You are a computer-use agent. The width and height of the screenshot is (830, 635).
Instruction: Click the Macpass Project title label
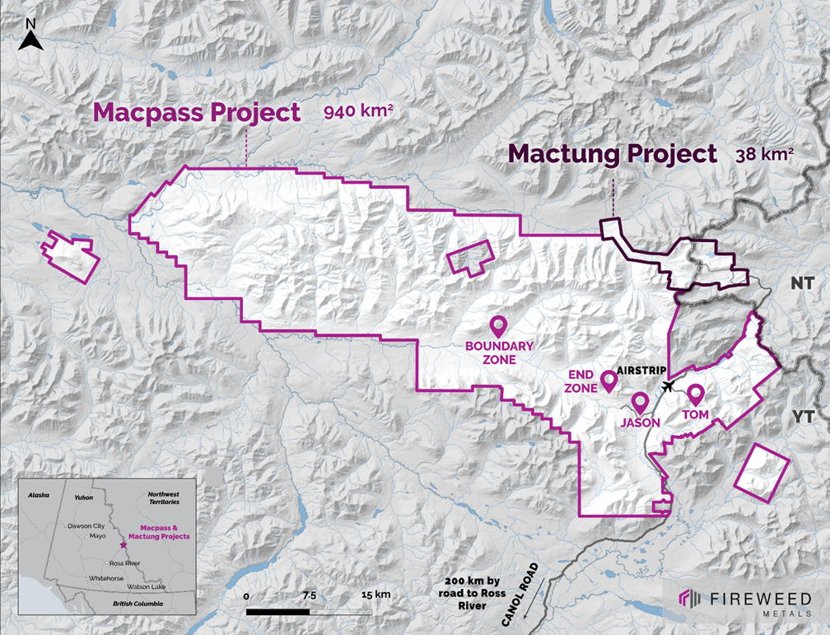click(196, 112)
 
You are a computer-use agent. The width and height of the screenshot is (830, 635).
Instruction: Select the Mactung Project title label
click(612, 154)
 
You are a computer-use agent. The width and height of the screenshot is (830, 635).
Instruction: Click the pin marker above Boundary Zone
click(498, 327)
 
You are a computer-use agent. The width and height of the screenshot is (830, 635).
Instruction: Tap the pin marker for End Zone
click(609, 381)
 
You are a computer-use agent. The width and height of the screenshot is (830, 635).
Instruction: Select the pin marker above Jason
click(639, 403)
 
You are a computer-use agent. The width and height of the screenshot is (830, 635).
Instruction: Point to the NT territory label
click(802, 283)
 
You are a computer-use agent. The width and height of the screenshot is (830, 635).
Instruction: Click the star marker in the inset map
click(124, 545)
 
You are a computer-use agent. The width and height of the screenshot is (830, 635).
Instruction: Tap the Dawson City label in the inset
click(87, 525)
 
